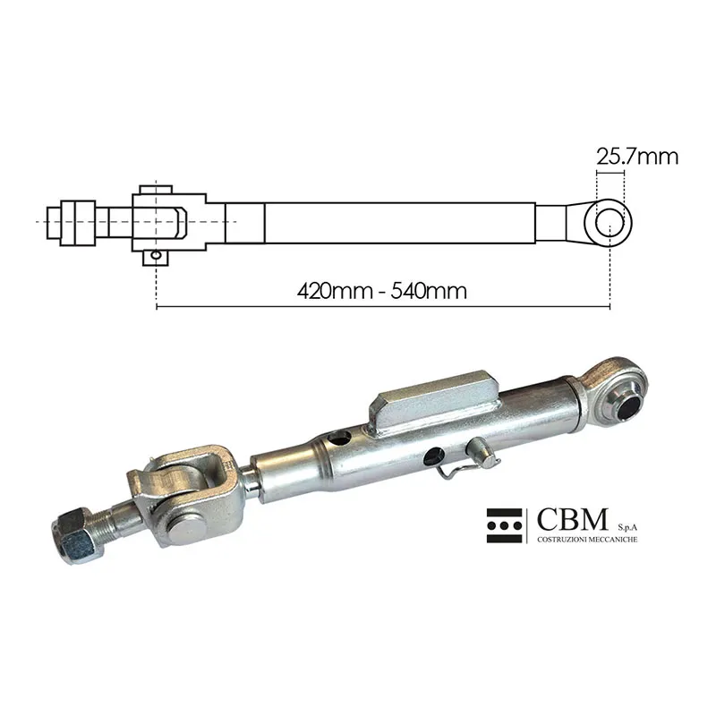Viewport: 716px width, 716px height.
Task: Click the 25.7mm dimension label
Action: [x=637, y=158]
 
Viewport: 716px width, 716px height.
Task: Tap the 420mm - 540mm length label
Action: [x=382, y=291]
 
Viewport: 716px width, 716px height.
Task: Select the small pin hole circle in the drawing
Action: [x=157, y=255]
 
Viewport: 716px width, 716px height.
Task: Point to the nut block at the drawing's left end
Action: [x=78, y=223]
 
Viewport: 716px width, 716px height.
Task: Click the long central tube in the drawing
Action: [x=400, y=223]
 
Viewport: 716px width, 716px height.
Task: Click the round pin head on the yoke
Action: [x=188, y=531]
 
